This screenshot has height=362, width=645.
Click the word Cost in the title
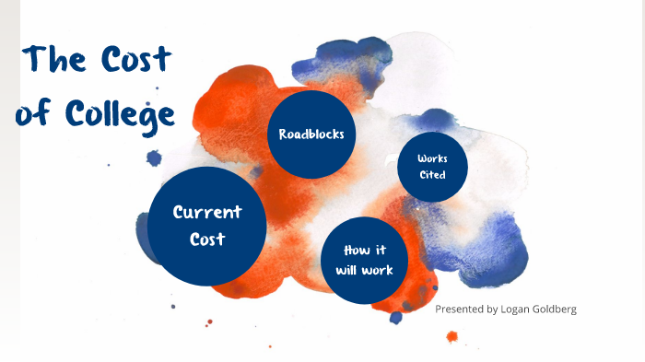pos(135,61)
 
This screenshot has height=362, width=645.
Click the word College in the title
pos(123,114)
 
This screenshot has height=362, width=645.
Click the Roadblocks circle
pos(311,134)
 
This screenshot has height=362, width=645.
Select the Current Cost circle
pos(207,226)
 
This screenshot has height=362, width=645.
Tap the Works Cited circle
pos(432,167)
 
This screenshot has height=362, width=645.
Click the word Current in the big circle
pos(207,212)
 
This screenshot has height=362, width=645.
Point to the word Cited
pos(432,175)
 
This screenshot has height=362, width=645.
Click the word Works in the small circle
pos(432,159)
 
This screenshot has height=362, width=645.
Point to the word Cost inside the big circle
pos(207,239)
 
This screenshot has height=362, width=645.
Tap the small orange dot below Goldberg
pos(451,336)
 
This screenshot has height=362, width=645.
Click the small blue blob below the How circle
pos(396,318)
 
